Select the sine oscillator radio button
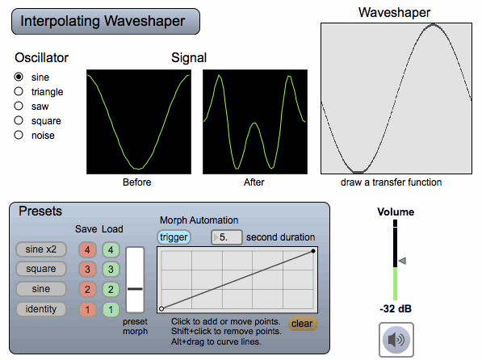coord(19,77)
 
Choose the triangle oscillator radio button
coord(19,91)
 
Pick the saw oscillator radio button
coord(19,106)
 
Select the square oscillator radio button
coord(19,120)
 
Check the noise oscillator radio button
coord(19,135)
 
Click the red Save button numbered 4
coord(88,249)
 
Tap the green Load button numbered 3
coord(111,270)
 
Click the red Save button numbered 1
coord(88,309)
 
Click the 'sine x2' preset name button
coord(41,249)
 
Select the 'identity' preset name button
coord(41,309)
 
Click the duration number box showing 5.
coord(227,237)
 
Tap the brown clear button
coord(303,324)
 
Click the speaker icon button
coord(396,340)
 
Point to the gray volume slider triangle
coord(402,261)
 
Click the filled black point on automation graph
coord(313,251)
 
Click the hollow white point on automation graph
coord(161,308)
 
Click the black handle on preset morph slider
coord(135,289)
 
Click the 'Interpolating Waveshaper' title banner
coord(106,22)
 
